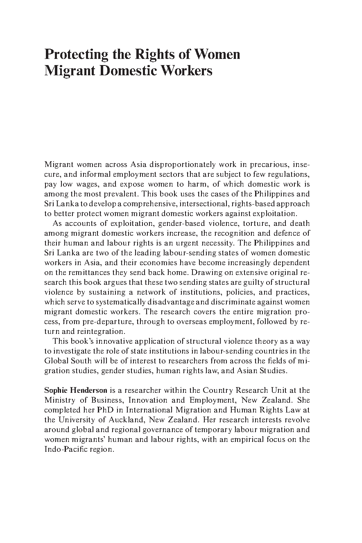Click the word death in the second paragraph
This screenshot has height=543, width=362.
(300, 223)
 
